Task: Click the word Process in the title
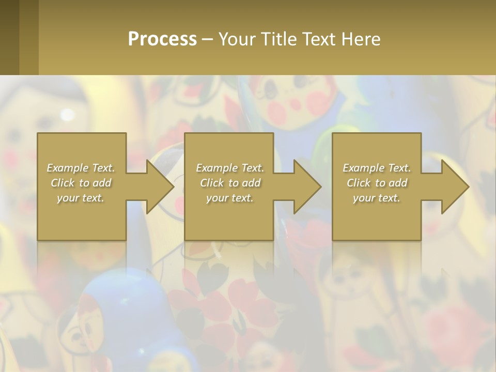click(162, 39)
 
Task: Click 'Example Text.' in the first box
click(81, 168)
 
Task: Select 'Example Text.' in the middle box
click(230, 168)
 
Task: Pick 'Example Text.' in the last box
click(377, 168)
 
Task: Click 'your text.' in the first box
click(81, 198)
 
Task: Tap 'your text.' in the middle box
click(229, 198)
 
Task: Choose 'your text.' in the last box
click(377, 198)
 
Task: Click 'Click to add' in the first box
click(81, 183)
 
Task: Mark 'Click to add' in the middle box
click(230, 183)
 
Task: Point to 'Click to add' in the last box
click(377, 183)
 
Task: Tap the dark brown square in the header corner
click(9, 37)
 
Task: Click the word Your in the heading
click(235, 39)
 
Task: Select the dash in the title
click(207, 39)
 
